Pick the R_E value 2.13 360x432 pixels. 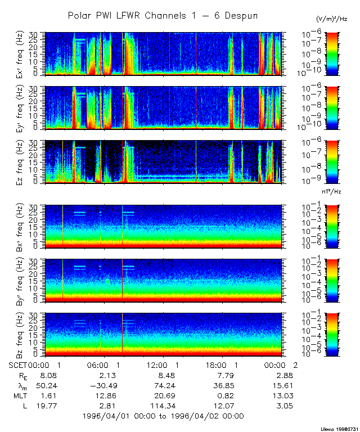[x=102, y=375]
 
